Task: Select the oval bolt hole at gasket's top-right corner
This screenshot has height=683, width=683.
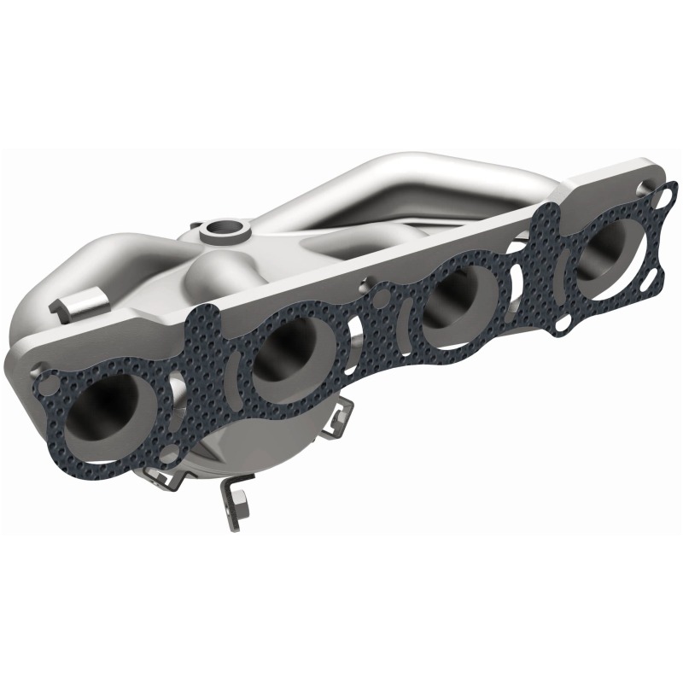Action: click(x=659, y=198)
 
